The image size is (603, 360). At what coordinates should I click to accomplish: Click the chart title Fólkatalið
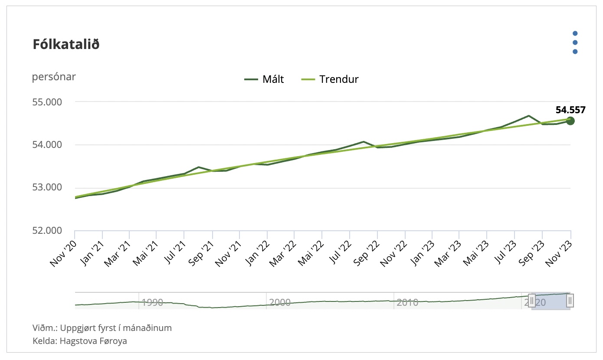coord(66,44)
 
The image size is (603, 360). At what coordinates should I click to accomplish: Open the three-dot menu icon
coord(575,43)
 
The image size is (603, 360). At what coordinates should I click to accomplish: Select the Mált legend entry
coord(264,79)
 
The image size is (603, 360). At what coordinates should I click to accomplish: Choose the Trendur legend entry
coord(330,79)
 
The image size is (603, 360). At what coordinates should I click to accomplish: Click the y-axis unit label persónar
coord(54,77)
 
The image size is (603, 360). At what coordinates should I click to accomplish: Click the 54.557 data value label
coord(570,110)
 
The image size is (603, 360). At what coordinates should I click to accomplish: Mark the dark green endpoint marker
coord(570,121)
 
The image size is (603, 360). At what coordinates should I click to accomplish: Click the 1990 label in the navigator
coord(152,302)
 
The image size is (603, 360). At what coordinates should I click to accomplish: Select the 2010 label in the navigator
coord(407,302)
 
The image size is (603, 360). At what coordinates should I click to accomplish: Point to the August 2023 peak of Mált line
coord(528,116)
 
